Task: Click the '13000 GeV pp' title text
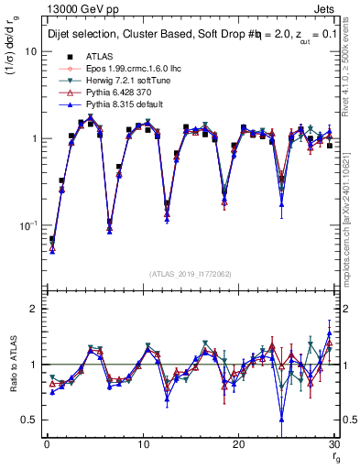(x=78, y=8)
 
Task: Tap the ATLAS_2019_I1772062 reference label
(x=188, y=273)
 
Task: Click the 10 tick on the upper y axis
(x=29, y=51)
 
